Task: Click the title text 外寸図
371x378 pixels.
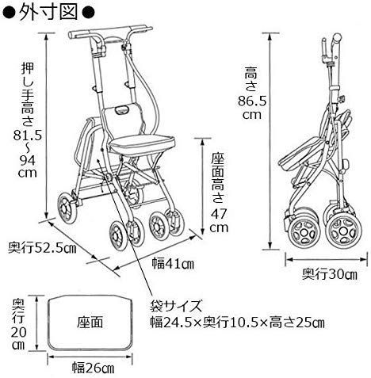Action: tap(48, 12)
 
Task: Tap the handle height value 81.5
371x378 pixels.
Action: tap(28, 136)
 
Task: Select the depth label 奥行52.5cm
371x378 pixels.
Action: tap(42, 248)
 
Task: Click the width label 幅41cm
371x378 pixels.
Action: tap(173, 263)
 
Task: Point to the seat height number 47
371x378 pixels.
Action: tap(219, 214)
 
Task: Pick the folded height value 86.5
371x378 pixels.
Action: tap(252, 101)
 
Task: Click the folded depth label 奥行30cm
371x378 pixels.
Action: tap(330, 274)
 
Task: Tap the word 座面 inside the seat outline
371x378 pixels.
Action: tap(90, 323)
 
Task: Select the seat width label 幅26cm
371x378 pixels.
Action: tap(94, 368)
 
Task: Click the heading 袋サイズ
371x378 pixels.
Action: tap(176, 307)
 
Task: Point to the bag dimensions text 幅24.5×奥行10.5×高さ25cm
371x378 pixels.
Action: tap(237, 323)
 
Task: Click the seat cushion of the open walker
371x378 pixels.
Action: tap(142, 145)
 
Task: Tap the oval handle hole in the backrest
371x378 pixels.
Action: tap(122, 109)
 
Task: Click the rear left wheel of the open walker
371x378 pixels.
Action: tap(67, 208)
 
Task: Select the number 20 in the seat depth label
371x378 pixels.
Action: tap(18, 333)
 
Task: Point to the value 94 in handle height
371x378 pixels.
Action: tap(28, 160)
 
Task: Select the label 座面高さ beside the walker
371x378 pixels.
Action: tap(218, 178)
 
